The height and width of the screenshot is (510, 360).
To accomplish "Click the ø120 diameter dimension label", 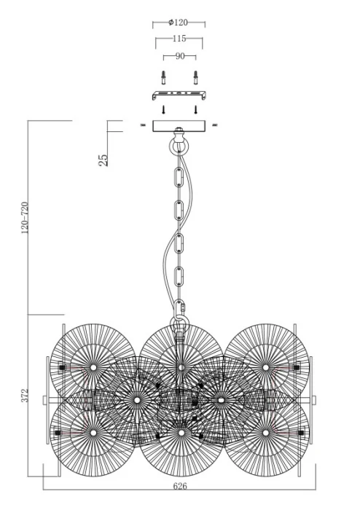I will (179, 23).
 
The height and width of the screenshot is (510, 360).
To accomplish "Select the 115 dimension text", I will (179, 39).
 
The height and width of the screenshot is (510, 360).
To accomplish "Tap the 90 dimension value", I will (179, 55).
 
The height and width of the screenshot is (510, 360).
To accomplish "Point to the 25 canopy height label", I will (103, 157).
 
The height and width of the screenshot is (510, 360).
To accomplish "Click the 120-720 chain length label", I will (26, 217).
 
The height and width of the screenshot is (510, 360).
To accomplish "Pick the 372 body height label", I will (26, 396).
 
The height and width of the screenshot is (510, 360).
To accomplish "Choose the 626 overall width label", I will (180, 494).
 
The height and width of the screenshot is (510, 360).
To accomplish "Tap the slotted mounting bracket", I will (179, 96).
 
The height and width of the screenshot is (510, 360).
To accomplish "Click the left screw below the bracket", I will (163, 109).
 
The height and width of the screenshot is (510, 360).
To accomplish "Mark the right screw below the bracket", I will (195, 109).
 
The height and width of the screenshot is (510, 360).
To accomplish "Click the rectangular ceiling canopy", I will (179, 126).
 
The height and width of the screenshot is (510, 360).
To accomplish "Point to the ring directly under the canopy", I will (179, 144).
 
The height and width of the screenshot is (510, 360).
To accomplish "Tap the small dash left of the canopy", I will (144, 126).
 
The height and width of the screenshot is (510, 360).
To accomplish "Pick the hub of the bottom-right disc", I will (266, 433).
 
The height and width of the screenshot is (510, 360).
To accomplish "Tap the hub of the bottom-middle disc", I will (180, 433).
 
